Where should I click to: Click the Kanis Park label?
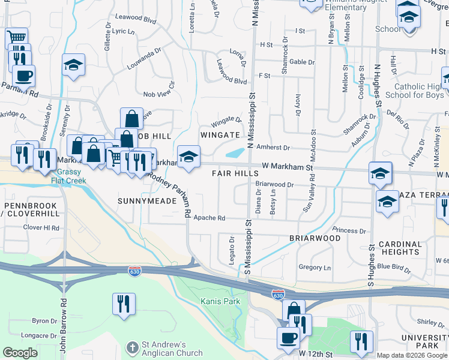(220, 301)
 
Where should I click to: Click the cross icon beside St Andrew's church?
(133, 347)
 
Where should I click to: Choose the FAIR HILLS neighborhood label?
(235, 173)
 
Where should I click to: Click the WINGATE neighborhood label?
(216, 134)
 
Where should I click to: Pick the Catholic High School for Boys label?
(414, 91)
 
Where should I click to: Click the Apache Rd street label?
(213, 218)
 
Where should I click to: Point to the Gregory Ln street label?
(315, 268)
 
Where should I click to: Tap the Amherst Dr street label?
(273, 148)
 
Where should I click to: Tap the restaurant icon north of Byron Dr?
(124, 303)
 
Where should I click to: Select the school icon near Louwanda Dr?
(73, 65)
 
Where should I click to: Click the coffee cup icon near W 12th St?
(288, 337)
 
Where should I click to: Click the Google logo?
(20, 353)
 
